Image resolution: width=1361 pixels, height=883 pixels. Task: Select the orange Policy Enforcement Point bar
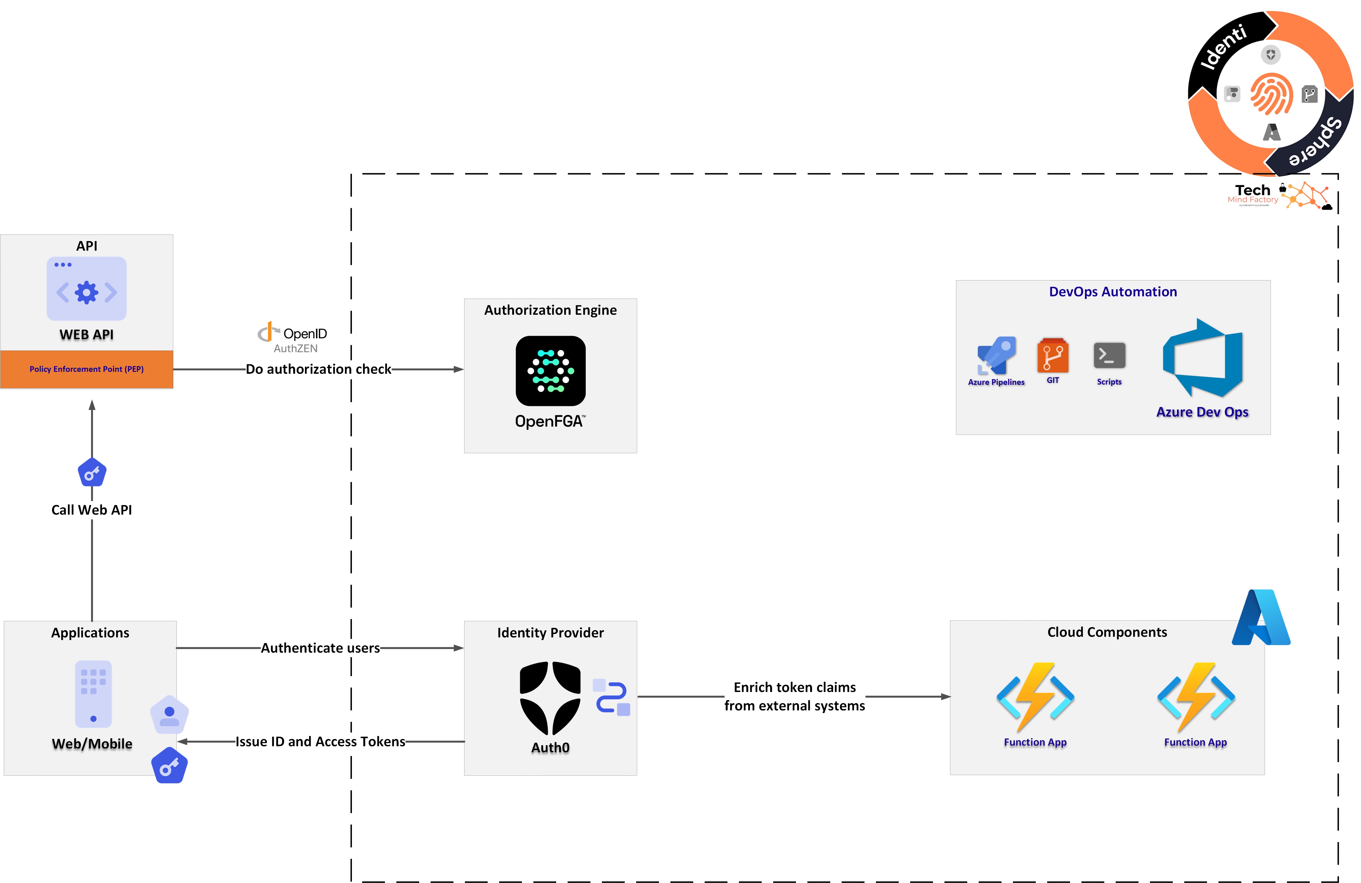pos(87,369)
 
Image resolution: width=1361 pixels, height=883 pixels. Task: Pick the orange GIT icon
pos(1053,356)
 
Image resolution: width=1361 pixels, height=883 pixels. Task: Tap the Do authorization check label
pos(319,369)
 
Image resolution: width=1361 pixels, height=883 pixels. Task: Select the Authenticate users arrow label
pos(320,648)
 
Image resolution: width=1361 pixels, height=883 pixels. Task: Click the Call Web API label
pos(91,510)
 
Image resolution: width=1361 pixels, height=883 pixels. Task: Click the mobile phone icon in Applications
pos(93,694)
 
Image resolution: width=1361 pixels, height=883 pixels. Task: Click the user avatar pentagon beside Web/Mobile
pos(169,715)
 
